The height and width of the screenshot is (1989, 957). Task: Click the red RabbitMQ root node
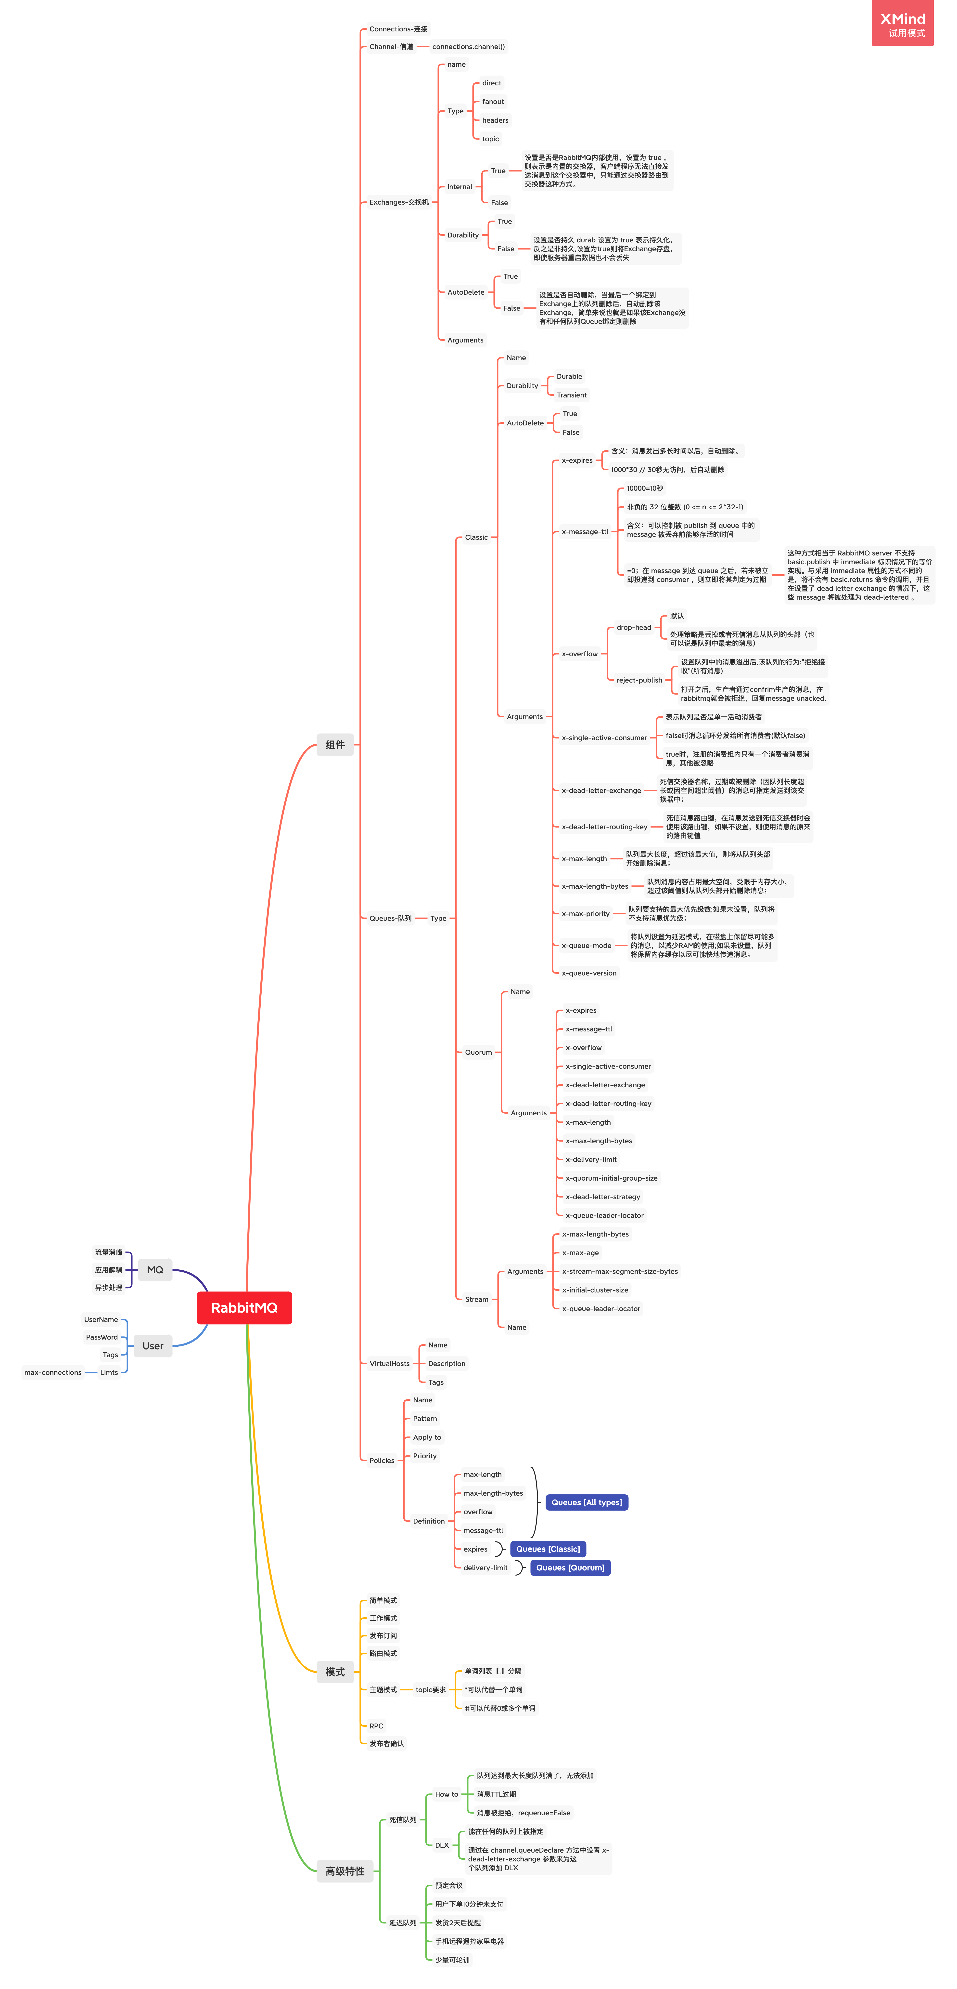(x=244, y=1307)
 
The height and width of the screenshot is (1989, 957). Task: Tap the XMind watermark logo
(x=902, y=23)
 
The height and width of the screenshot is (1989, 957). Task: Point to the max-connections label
(x=52, y=1372)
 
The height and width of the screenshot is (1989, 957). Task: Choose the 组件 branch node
(x=335, y=744)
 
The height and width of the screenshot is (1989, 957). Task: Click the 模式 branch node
(x=335, y=1672)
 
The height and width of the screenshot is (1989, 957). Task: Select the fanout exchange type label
(x=492, y=101)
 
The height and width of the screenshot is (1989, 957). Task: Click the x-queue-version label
(x=589, y=973)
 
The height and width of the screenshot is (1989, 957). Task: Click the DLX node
(x=441, y=1844)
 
